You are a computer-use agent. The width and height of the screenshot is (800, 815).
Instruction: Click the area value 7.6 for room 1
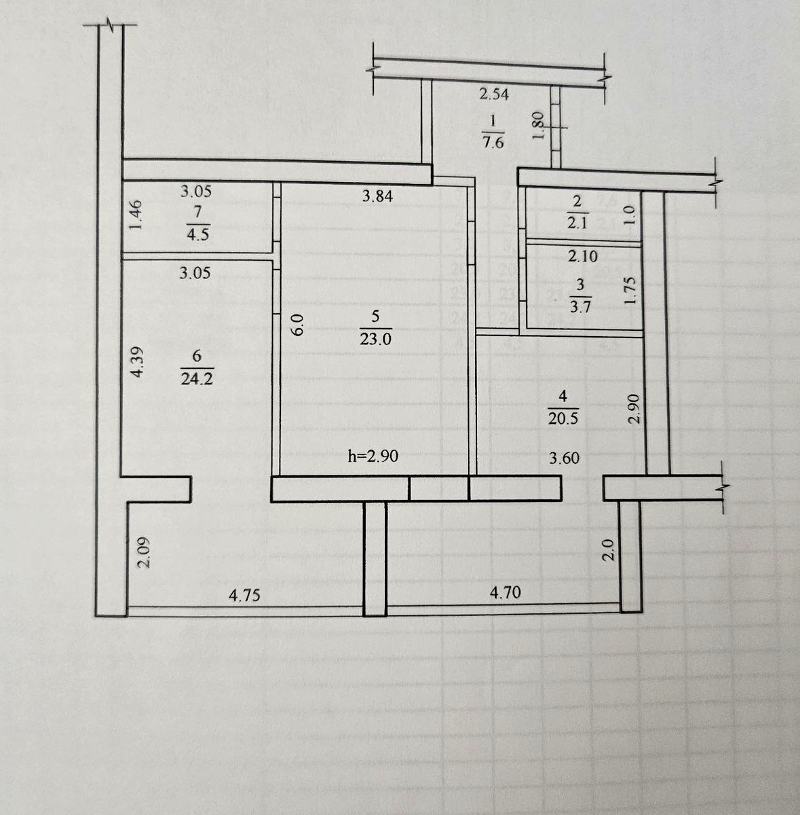point(493,143)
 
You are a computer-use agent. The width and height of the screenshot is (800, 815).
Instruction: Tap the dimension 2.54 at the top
point(494,94)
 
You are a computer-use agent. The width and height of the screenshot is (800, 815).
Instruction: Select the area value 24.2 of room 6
point(197,379)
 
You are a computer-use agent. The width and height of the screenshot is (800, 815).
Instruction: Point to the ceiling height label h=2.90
point(373,456)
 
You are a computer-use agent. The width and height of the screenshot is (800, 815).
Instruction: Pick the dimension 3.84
point(377,197)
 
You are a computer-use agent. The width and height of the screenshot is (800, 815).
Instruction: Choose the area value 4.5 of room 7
point(197,235)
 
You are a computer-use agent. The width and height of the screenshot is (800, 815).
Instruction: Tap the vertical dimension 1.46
point(135,215)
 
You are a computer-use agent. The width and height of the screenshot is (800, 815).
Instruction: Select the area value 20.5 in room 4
point(563,419)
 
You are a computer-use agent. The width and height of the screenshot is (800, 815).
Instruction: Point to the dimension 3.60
point(564,458)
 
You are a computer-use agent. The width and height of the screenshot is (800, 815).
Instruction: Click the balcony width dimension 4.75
point(244,596)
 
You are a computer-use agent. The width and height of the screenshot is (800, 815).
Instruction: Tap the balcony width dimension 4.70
point(506,593)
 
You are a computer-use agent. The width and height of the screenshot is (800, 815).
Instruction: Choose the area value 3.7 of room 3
point(581,307)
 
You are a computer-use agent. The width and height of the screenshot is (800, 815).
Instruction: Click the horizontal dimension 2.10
point(583,257)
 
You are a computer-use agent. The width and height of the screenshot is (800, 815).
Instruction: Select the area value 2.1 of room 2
point(577,223)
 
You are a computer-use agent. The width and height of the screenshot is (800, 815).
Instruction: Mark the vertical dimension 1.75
point(630,289)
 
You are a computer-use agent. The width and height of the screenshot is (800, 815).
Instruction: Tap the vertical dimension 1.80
point(537,126)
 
